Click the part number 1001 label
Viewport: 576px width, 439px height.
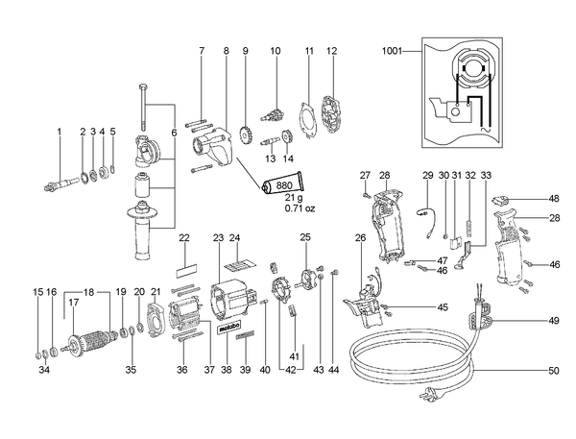click(392, 51)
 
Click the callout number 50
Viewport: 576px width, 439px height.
click(554, 371)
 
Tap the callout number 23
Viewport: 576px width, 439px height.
click(218, 238)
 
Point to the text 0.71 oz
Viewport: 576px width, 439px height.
click(300, 208)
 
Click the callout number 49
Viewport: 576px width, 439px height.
click(554, 321)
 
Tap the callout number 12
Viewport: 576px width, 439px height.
click(332, 51)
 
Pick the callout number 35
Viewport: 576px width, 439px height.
click(131, 370)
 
